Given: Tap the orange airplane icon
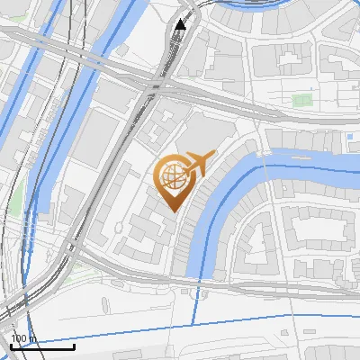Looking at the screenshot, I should [x=200, y=163].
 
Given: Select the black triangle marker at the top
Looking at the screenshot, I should [x=181, y=24].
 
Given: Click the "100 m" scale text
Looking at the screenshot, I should [x=22, y=338].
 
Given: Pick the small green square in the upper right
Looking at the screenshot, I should [x=302, y=99].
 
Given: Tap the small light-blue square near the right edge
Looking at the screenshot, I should [x=348, y=136].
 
